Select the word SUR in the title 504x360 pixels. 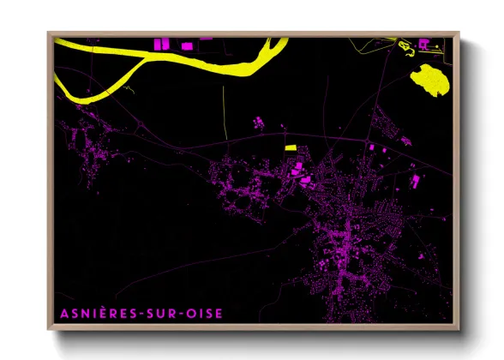(x=159, y=314)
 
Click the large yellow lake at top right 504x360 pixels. (x=429, y=80)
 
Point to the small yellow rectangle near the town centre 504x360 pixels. (x=291, y=147)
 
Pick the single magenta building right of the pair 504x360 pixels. (x=206, y=39)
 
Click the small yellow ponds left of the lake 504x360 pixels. (x=403, y=45)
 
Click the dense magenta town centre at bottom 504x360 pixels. (x=347, y=244)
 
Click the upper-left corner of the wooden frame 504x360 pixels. (x=50, y=33)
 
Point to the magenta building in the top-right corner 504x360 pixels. (x=423, y=43)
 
